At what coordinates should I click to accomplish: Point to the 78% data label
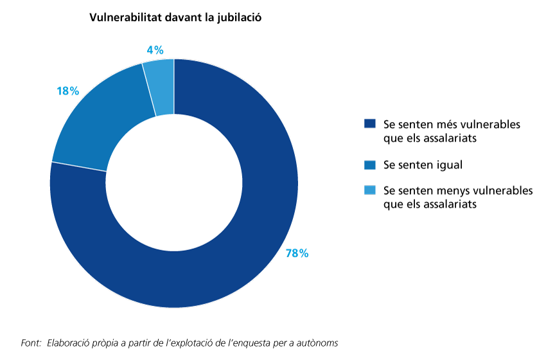click(x=297, y=254)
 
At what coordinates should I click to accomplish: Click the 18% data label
click(x=67, y=91)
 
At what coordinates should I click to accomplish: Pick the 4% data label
click(x=155, y=50)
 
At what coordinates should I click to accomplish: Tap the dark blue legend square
click(x=369, y=123)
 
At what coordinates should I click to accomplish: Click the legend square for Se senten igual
click(x=369, y=165)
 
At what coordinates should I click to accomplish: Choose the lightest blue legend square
click(x=369, y=190)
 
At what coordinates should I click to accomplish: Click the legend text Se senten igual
click(x=423, y=165)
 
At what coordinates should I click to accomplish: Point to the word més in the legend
click(x=439, y=123)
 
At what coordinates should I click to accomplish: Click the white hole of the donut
click(x=174, y=183)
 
